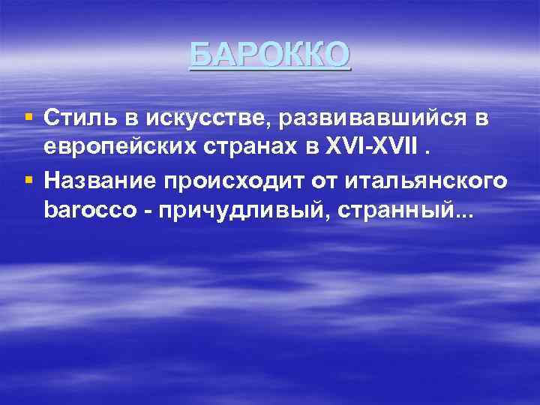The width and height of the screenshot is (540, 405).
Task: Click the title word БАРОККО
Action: [269, 54]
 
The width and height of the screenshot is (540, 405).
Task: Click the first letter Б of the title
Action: [199, 54]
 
